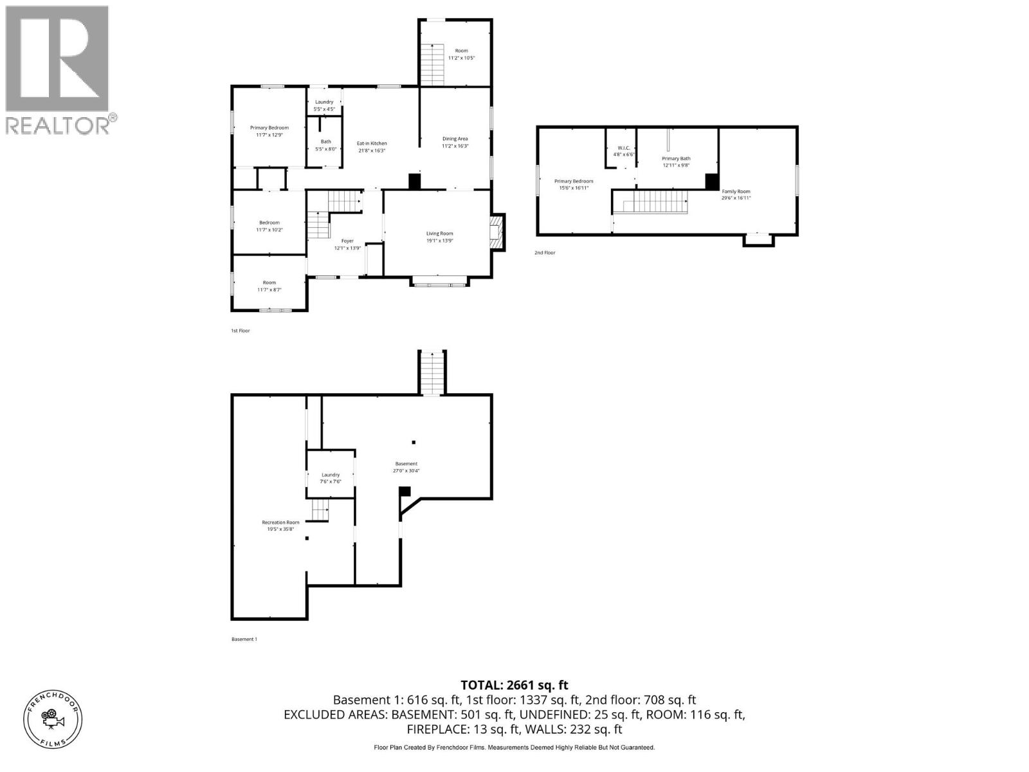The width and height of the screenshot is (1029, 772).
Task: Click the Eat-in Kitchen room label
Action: click(372, 147)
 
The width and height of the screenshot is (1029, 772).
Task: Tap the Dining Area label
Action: click(455, 142)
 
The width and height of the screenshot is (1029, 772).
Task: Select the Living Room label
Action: click(439, 237)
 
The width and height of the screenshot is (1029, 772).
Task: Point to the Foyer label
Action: click(347, 244)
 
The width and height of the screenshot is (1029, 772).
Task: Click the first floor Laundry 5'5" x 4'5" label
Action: click(324, 105)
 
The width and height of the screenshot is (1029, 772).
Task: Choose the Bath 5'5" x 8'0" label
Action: click(326, 145)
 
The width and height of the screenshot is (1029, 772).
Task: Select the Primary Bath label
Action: click(676, 161)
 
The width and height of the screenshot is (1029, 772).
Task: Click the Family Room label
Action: click(736, 194)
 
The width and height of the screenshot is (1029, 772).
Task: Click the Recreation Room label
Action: click(280, 526)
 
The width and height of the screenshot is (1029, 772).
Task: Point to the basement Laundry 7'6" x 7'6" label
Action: click(331, 478)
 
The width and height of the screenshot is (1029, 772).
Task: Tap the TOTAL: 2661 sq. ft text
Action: click(514, 685)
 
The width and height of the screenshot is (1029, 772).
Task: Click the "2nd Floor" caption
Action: click(545, 253)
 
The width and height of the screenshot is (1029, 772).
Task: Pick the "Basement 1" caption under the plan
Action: click(244, 639)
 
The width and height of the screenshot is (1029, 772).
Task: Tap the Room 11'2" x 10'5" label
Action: click(461, 54)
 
